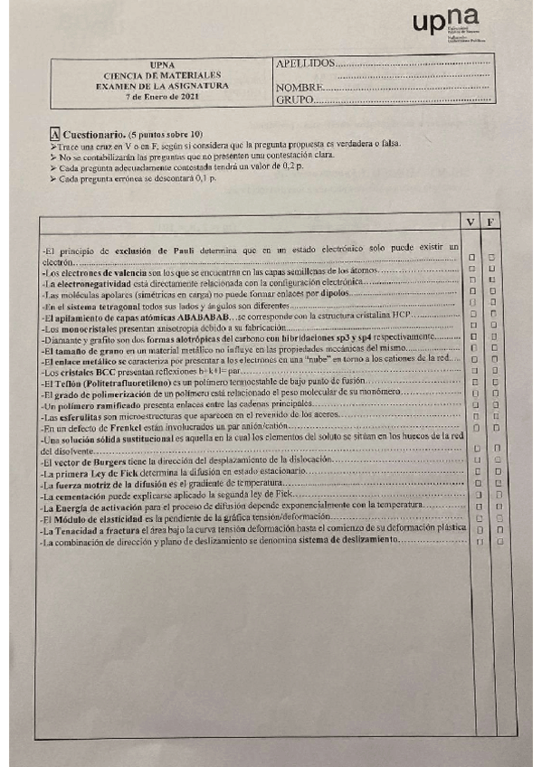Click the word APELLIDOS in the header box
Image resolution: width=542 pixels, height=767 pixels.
303,64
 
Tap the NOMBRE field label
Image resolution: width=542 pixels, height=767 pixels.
294,87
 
